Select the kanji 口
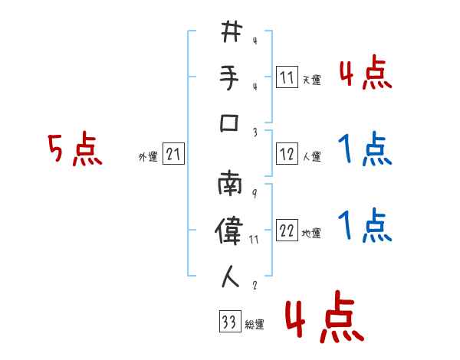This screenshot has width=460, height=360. pos(231,123)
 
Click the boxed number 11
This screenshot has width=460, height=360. pos(287,77)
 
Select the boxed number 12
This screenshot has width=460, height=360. pos(287,154)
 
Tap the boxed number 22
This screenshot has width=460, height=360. pos(287,231)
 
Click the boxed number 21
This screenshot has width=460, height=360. pos(174,155)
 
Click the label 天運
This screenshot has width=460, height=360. pos(311,80)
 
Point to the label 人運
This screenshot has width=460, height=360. pos(311,157)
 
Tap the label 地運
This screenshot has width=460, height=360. pos(311,234)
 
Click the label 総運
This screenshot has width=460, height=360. pos(255,325)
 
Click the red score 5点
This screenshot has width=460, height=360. pos(74,149)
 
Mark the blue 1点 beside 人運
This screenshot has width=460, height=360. pos(365,149)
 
